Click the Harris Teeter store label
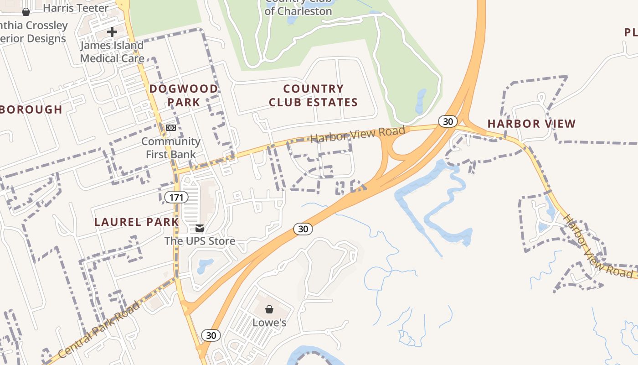click(x=76, y=8)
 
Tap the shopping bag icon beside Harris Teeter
click(x=26, y=11)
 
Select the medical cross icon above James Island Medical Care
click(x=112, y=32)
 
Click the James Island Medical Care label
click(x=112, y=52)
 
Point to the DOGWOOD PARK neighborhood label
click(x=184, y=95)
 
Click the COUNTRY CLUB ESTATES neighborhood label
click(x=313, y=95)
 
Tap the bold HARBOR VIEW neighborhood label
click(x=531, y=124)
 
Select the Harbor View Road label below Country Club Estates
click(x=358, y=134)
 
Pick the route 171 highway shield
click(x=176, y=198)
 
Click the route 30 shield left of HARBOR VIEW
click(x=448, y=121)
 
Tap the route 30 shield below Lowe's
click(x=211, y=335)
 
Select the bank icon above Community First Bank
click(x=171, y=128)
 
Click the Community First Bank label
click(x=171, y=148)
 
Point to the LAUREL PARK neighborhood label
click(x=136, y=222)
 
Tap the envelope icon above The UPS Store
click(x=200, y=228)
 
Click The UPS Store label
click(x=200, y=241)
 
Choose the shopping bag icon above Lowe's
click(x=269, y=310)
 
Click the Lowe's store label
click(x=269, y=323)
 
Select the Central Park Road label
click(x=99, y=330)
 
